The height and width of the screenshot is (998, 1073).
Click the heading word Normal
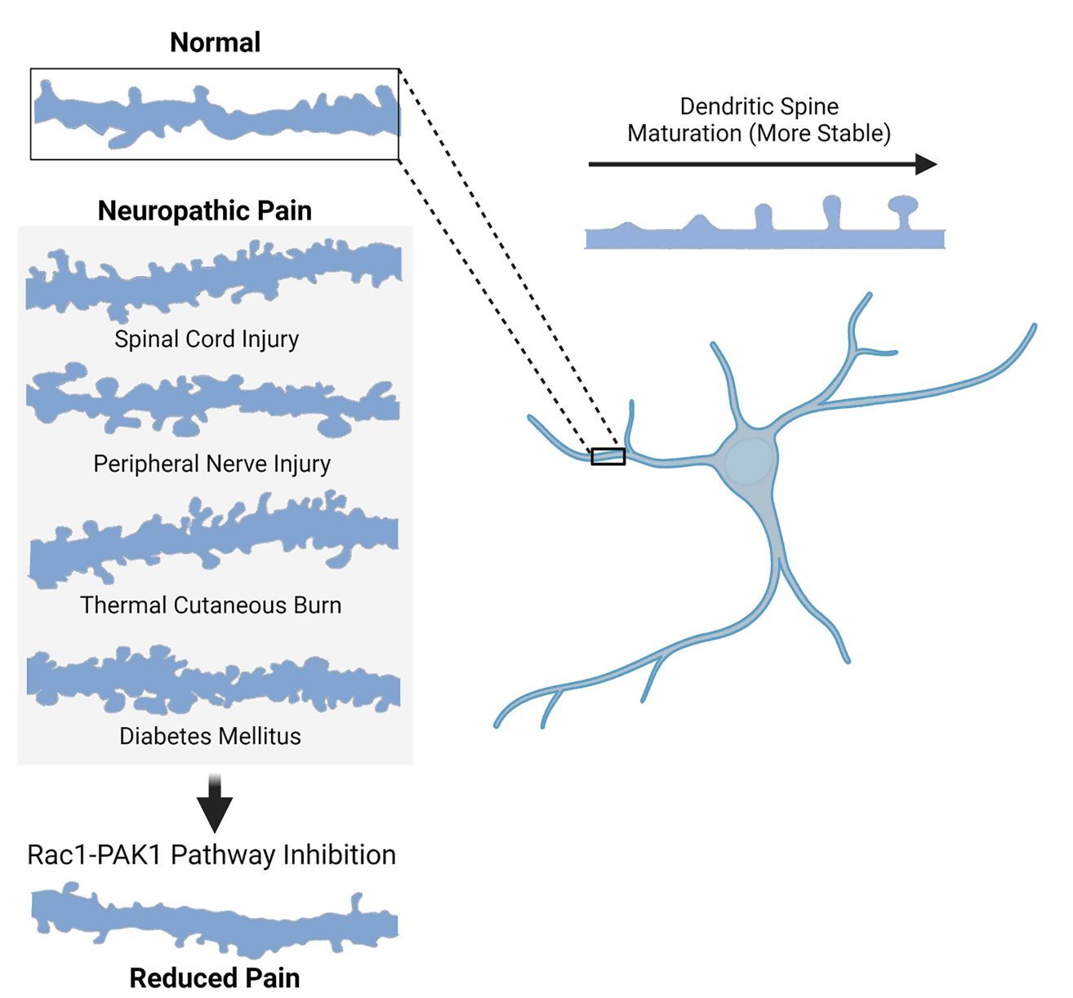[215, 42]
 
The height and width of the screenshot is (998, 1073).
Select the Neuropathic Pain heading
[204, 211]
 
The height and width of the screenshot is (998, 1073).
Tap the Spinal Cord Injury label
[207, 339]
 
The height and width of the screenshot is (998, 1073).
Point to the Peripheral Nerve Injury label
[211, 464]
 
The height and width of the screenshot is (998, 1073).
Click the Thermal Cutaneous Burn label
[211, 605]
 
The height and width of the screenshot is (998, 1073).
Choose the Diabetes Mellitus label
[210, 736]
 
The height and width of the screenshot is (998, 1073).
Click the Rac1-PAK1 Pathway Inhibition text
[211, 854]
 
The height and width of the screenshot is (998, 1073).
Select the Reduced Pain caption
[215, 978]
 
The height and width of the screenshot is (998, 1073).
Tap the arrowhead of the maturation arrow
[926, 164]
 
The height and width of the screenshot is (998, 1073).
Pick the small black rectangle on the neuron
[608, 456]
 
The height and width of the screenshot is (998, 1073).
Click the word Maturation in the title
[684, 133]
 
